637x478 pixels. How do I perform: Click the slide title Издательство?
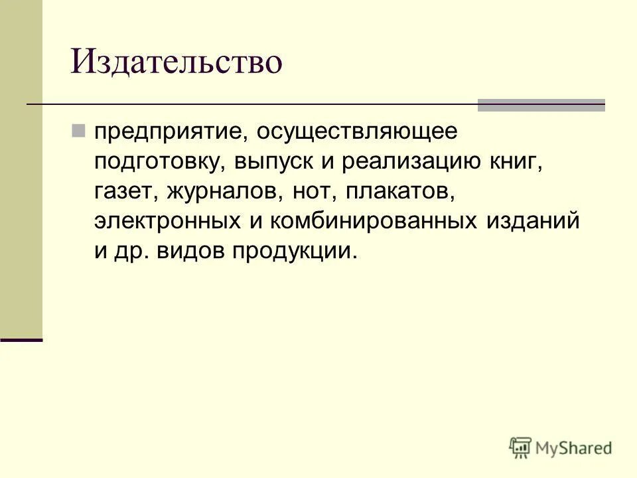pyautogui.click(x=177, y=62)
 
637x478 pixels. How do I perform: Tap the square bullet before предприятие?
pyautogui.click(x=78, y=130)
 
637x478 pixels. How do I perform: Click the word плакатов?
pyautogui.click(x=401, y=191)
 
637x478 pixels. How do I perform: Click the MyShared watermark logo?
pyautogui.click(x=561, y=447)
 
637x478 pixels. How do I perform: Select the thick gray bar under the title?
pyautogui.click(x=541, y=104)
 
